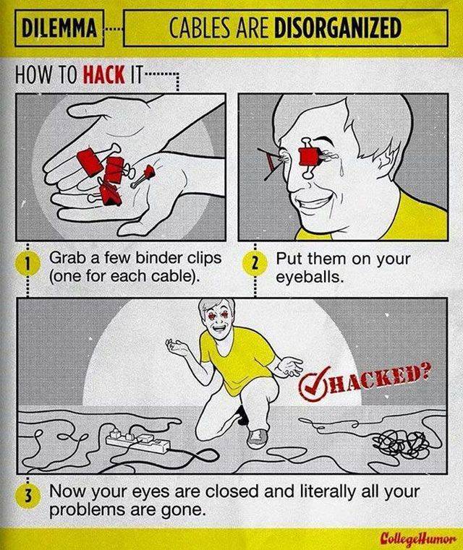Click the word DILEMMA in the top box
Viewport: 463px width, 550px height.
click(59, 28)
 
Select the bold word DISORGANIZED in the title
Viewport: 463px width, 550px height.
click(337, 27)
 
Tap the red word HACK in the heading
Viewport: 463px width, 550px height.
click(104, 74)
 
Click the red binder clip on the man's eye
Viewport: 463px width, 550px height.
click(309, 156)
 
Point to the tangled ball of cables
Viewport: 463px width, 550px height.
click(400, 442)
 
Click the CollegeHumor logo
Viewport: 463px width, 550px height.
click(419, 537)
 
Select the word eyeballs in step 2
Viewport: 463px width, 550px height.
click(308, 277)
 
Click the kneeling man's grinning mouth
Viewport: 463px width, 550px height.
click(220, 329)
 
